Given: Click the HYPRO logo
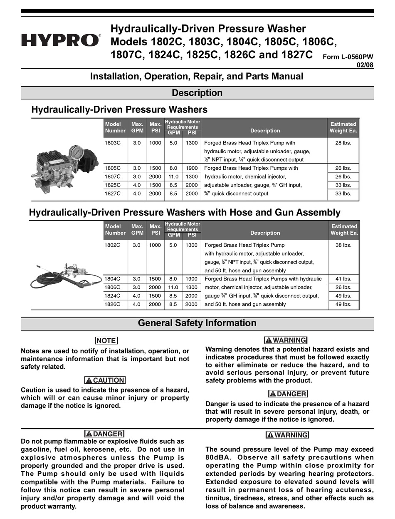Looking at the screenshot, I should (x=61, y=41).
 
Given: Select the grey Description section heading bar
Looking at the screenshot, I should (x=197, y=93).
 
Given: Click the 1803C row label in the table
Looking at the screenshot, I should (x=113, y=142).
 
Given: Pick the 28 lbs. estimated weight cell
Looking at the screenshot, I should (x=343, y=142).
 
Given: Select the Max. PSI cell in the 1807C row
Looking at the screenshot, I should (x=155, y=176).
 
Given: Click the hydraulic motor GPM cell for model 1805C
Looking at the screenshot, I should (x=173, y=168).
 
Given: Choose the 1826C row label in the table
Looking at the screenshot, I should (x=113, y=304).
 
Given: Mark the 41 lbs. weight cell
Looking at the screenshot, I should (x=343, y=279).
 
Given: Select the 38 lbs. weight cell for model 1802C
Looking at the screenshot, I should (x=343, y=245).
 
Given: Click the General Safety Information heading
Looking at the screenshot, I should (x=197, y=323).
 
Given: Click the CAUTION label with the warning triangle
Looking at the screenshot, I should (x=105, y=380).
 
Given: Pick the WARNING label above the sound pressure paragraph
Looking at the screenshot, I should (x=287, y=435).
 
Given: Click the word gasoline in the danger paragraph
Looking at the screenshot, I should (x=35, y=449).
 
